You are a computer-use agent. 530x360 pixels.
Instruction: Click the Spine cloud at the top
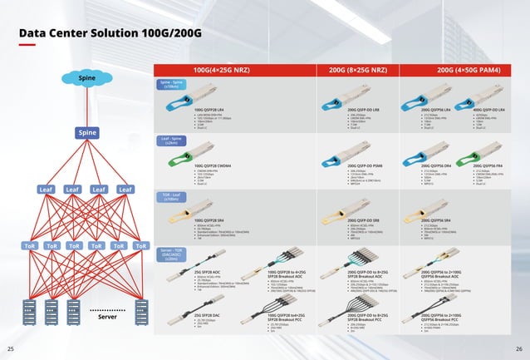click(x=87, y=79)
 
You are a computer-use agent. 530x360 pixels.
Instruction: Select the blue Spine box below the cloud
click(x=87, y=133)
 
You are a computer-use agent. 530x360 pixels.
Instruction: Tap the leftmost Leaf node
click(x=46, y=190)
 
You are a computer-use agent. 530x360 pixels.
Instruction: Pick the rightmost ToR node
click(x=141, y=247)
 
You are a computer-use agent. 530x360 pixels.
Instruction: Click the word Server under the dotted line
click(x=109, y=317)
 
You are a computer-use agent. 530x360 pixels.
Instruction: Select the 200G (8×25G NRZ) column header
click(x=359, y=70)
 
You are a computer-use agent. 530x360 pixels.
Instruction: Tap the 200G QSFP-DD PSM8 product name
click(x=354, y=166)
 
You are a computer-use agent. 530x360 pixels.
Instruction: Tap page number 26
click(x=519, y=348)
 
